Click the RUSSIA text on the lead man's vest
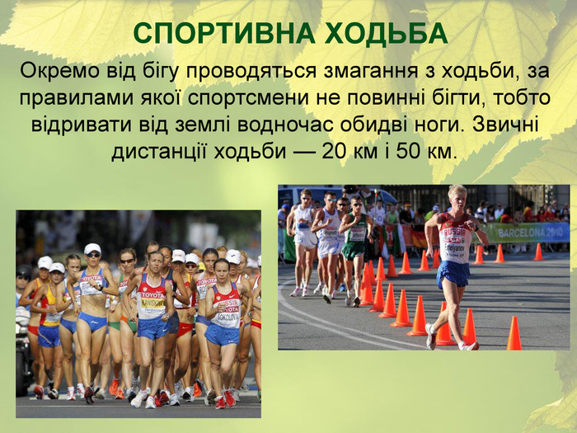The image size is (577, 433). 454,232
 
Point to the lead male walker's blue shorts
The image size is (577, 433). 453,273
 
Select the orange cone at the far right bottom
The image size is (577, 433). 514,334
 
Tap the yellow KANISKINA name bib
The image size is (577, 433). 152,303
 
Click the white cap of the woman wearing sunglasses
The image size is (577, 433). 92,248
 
